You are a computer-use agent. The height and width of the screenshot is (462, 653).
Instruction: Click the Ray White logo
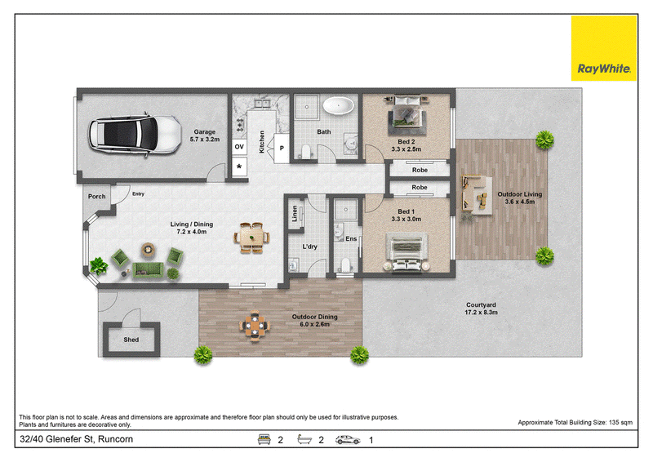(x=603, y=48)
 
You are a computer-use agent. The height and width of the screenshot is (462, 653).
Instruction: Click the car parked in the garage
(x=135, y=134)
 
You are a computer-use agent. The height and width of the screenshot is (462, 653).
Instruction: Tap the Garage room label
(x=205, y=131)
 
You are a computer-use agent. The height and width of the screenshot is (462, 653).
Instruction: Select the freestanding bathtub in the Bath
(x=339, y=106)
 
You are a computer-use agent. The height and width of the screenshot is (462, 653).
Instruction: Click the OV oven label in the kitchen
(x=239, y=147)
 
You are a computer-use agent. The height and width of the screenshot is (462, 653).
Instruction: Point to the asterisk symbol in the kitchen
(x=239, y=167)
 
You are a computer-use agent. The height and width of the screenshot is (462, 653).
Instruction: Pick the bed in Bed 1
(x=406, y=252)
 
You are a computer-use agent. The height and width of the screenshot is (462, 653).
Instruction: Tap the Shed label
(x=131, y=340)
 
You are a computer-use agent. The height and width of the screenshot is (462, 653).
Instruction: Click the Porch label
(x=96, y=196)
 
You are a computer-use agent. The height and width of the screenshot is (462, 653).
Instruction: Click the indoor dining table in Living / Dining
(x=251, y=238)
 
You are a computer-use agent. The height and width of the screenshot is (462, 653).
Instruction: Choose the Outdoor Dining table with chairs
(x=255, y=326)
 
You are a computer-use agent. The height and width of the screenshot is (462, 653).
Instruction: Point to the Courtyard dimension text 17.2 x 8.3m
(x=481, y=312)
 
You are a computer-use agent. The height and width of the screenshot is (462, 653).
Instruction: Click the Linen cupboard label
(x=295, y=213)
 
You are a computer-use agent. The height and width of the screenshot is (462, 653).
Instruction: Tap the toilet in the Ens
(x=344, y=265)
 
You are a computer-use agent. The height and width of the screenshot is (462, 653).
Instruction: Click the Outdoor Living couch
(x=475, y=195)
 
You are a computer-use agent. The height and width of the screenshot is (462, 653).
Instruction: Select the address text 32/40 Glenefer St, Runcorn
(x=76, y=439)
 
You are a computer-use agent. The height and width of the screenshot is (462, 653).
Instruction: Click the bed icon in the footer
(x=264, y=439)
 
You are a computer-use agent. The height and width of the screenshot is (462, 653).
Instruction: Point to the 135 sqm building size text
(x=620, y=423)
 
